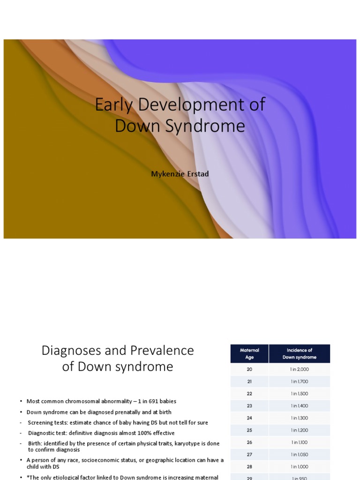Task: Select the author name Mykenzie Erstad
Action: click(x=180, y=174)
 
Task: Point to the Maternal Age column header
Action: click(x=249, y=353)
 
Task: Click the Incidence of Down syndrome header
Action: click(x=300, y=353)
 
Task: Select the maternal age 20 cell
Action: click(x=249, y=369)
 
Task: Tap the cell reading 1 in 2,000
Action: click(x=300, y=369)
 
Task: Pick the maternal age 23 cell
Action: click(x=249, y=406)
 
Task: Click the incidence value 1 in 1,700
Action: click(x=300, y=382)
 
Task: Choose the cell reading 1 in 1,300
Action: click(x=300, y=418)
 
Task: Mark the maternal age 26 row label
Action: click(x=249, y=442)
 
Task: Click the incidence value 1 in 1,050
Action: click(x=300, y=455)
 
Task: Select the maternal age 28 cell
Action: click(x=249, y=467)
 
